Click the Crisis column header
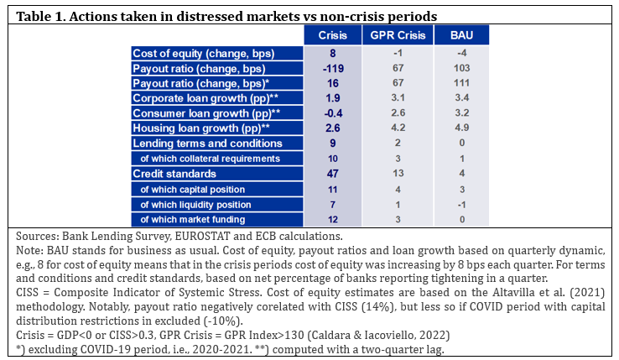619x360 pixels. (x=332, y=35)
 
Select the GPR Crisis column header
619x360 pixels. (x=398, y=35)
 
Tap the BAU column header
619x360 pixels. (x=461, y=35)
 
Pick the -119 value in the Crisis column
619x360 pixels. (x=333, y=68)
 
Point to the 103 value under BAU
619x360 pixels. (x=461, y=68)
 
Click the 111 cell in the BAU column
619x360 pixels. (x=461, y=83)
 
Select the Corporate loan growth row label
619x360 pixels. (x=205, y=98)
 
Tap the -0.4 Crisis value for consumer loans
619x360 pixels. (x=333, y=113)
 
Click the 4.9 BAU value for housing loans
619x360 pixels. (x=461, y=128)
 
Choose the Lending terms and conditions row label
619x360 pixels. (x=208, y=143)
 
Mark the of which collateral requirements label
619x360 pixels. (x=210, y=159)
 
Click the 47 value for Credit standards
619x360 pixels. (x=333, y=174)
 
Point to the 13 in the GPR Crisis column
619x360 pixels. (x=398, y=173)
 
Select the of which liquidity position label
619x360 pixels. (x=195, y=205)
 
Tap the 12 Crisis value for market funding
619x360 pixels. (x=333, y=219)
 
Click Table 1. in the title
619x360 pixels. (x=40, y=17)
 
